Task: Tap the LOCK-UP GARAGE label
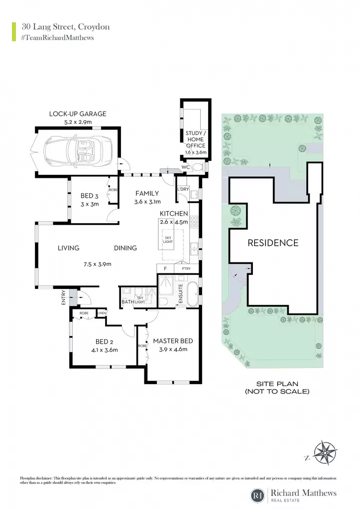tap(78, 114)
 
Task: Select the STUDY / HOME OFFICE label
tap(196, 139)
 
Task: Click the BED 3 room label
tap(90, 196)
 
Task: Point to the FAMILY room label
tap(147, 194)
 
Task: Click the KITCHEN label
tap(174, 214)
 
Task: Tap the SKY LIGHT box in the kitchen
tap(168, 240)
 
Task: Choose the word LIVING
tap(68, 248)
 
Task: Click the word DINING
tap(125, 248)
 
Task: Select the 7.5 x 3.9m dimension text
tap(97, 264)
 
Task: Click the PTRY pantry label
tap(186, 268)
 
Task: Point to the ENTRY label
tap(64, 297)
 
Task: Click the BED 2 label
tap(105, 342)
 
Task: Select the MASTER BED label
tap(173, 341)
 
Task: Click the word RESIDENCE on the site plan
tap(273, 243)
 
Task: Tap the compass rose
tap(326, 453)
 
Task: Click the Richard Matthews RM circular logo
tap(258, 496)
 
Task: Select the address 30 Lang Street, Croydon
tap(66, 27)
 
